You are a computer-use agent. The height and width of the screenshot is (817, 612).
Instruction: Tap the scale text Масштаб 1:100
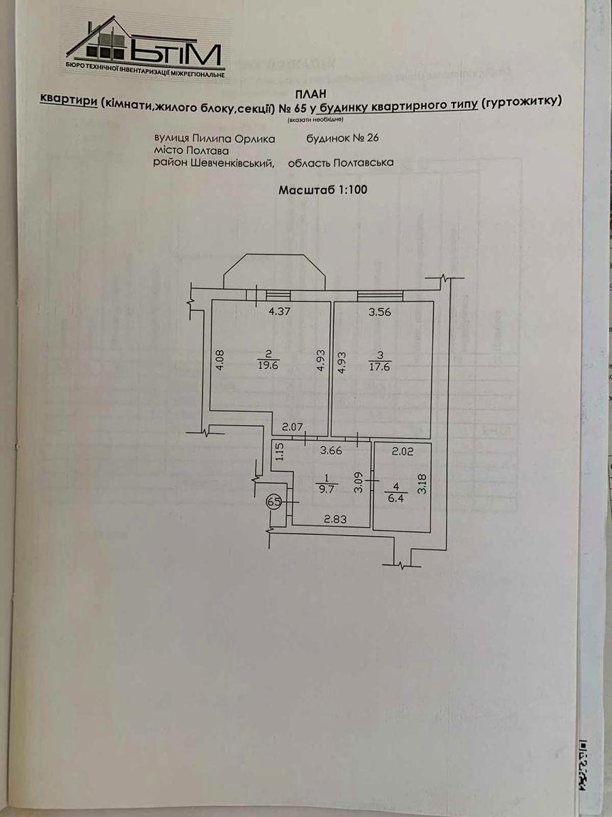pos(323,190)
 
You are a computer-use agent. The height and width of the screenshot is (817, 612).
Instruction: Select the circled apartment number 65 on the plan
pos(274,502)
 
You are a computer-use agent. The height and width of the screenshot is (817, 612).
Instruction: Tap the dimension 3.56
pos(380,313)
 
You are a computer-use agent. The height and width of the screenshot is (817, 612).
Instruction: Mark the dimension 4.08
pos(219,361)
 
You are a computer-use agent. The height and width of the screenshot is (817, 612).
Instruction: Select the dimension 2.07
pos(293,427)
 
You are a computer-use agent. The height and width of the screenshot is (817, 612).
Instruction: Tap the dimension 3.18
pos(422,482)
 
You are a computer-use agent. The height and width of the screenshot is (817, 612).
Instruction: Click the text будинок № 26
pos(342,138)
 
